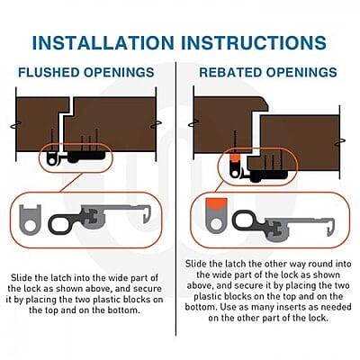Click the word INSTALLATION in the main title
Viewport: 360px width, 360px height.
103,42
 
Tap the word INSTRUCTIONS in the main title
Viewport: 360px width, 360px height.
255,42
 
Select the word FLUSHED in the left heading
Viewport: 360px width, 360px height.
49,73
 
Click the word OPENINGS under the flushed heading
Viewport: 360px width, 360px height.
119,73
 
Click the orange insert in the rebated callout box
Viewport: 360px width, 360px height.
216,203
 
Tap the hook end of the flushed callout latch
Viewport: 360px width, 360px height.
147,213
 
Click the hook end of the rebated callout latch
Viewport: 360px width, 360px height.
330,227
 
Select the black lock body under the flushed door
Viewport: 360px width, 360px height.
86,157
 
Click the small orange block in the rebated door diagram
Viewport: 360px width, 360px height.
235,158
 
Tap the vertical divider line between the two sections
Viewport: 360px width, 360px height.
176,198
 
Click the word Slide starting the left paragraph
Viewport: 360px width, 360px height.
22,277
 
